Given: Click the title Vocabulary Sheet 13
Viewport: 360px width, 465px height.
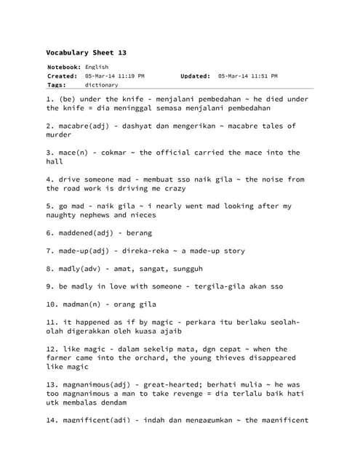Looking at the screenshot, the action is pos(86,53).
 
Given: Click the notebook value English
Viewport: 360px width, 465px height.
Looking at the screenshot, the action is pos(97,67).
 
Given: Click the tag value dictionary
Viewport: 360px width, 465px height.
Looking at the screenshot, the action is pos(101,85).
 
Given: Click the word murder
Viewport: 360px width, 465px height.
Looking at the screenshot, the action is pos(60,135).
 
